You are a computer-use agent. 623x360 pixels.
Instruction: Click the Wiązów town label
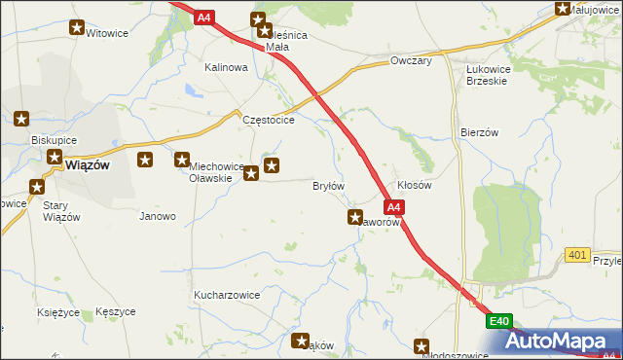87,164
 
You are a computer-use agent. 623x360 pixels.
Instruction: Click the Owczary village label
410,61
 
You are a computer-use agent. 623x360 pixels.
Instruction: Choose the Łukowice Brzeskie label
495,76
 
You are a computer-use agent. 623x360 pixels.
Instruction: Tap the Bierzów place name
479,131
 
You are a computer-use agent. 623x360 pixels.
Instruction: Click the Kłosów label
415,185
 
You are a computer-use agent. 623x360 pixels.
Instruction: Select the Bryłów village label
328,185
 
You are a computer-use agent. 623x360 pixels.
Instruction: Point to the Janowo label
158,216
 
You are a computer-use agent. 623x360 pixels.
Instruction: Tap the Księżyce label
56,312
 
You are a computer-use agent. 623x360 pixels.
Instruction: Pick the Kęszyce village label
116,312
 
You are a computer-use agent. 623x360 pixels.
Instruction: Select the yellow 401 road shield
577,255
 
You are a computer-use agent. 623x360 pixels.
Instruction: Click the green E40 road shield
499,321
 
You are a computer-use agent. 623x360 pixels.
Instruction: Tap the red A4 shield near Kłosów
393,207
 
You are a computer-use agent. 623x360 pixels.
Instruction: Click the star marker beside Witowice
77,28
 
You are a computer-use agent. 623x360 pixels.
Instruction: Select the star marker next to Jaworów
355,218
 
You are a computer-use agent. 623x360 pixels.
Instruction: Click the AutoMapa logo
566,342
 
